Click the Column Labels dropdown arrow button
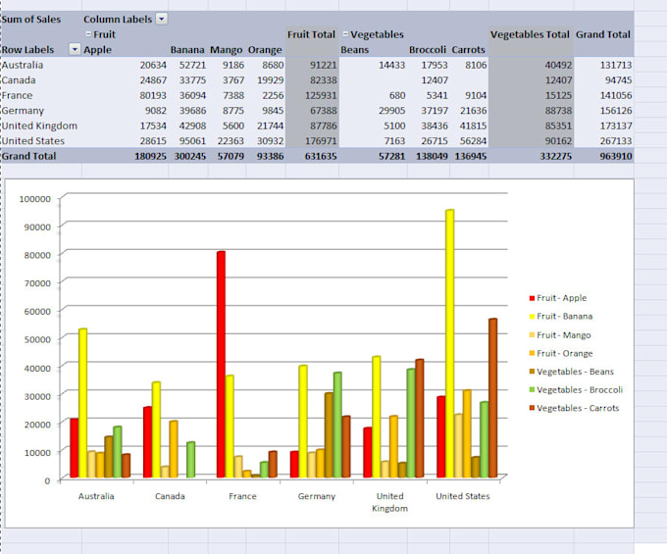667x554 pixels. point(162,19)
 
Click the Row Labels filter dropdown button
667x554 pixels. point(75,49)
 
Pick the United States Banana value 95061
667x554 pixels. point(188,140)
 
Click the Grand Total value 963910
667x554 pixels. point(612,156)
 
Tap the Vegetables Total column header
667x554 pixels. point(530,34)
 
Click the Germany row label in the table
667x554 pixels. point(24,111)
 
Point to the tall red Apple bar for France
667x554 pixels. point(221,363)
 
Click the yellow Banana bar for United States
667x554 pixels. point(449,343)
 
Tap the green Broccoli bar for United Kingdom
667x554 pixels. point(410,423)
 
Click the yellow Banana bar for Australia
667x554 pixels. point(82,402)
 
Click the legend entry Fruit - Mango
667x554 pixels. point(562,334)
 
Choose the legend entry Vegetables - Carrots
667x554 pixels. point(577,408)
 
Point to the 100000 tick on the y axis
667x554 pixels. point(34,198)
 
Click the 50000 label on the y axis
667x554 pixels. point(36,338)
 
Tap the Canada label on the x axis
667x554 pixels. point(169,496)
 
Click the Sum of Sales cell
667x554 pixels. point(30,19)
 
